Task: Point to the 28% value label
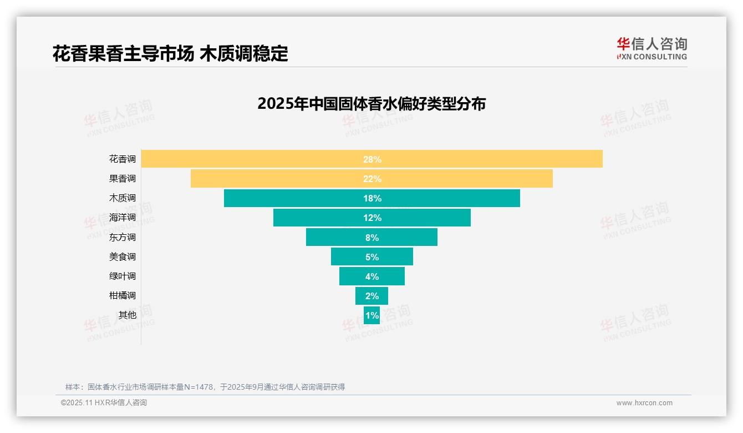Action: click(x=372, y=159)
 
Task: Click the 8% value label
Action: click(x=372, y=238)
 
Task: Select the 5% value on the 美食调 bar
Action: click(x=372, y=257)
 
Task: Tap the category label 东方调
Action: click(x=122, y=237)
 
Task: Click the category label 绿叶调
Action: click(x=122, y=276)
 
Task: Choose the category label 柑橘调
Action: click(x=122, y=295)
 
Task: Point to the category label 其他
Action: click(x=127, y=315)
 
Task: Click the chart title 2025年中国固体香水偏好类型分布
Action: click(x=371, y=104)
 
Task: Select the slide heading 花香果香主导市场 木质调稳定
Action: click(x=170, y=54)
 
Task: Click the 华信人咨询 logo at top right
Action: click(x=652, y=48)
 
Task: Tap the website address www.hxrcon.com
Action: click(x=644, y=403)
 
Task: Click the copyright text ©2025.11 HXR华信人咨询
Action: click(x=104, y=403)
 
